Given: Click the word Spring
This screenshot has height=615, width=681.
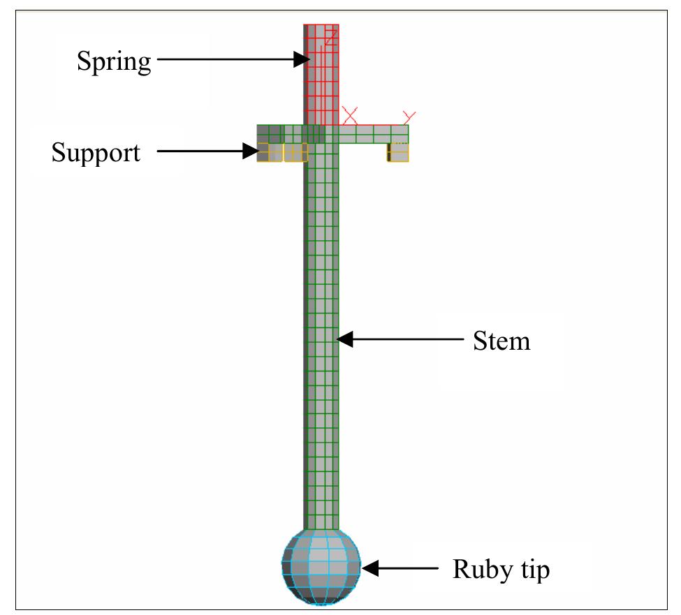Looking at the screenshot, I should point(113,63).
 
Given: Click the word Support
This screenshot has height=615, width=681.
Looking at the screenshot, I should point(96,152).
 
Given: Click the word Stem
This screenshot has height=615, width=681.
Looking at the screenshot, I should point(501,341).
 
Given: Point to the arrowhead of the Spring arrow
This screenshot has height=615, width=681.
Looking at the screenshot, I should point(303,60).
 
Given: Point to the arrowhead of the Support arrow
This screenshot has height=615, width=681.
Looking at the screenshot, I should point(251,151).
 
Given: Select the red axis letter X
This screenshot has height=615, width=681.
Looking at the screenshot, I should point(349,114).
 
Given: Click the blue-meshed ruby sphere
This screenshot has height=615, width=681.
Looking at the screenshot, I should point(321,565).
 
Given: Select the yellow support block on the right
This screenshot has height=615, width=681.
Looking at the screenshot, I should point(398,152).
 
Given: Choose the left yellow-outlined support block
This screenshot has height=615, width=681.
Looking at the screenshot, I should point(281,152).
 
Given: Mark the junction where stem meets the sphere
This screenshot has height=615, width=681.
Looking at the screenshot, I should point(321,530).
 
